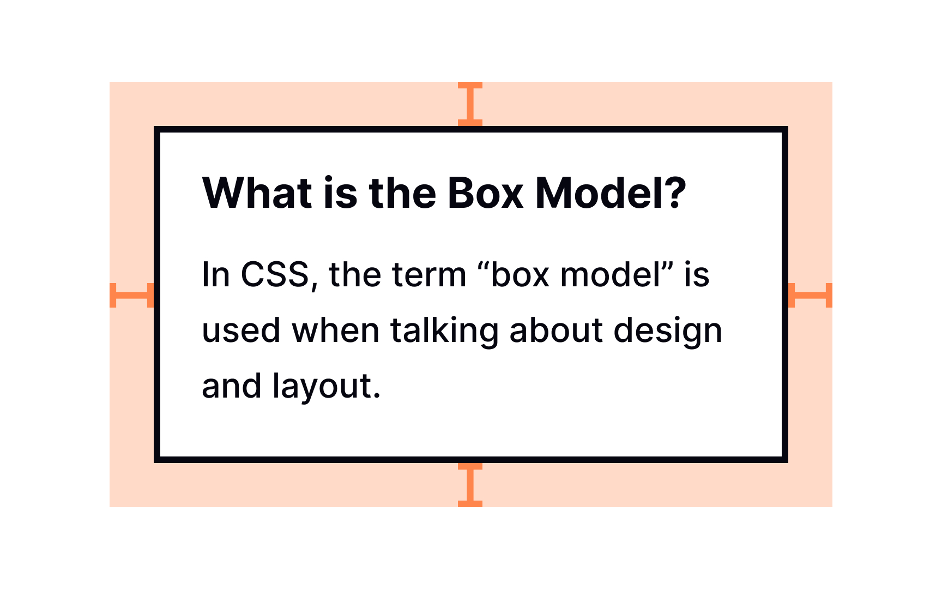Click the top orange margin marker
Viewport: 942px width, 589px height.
[470, 104]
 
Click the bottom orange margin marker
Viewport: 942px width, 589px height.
[470, 485]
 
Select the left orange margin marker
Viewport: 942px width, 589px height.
[131, 295]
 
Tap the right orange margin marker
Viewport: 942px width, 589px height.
[810, 295]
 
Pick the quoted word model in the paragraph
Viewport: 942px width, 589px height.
[611, 274]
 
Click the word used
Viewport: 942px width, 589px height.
[241, 330]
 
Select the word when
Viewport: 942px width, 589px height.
[335, 330]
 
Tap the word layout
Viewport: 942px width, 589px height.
[326, 387]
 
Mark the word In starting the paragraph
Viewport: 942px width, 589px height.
[216, 274]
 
